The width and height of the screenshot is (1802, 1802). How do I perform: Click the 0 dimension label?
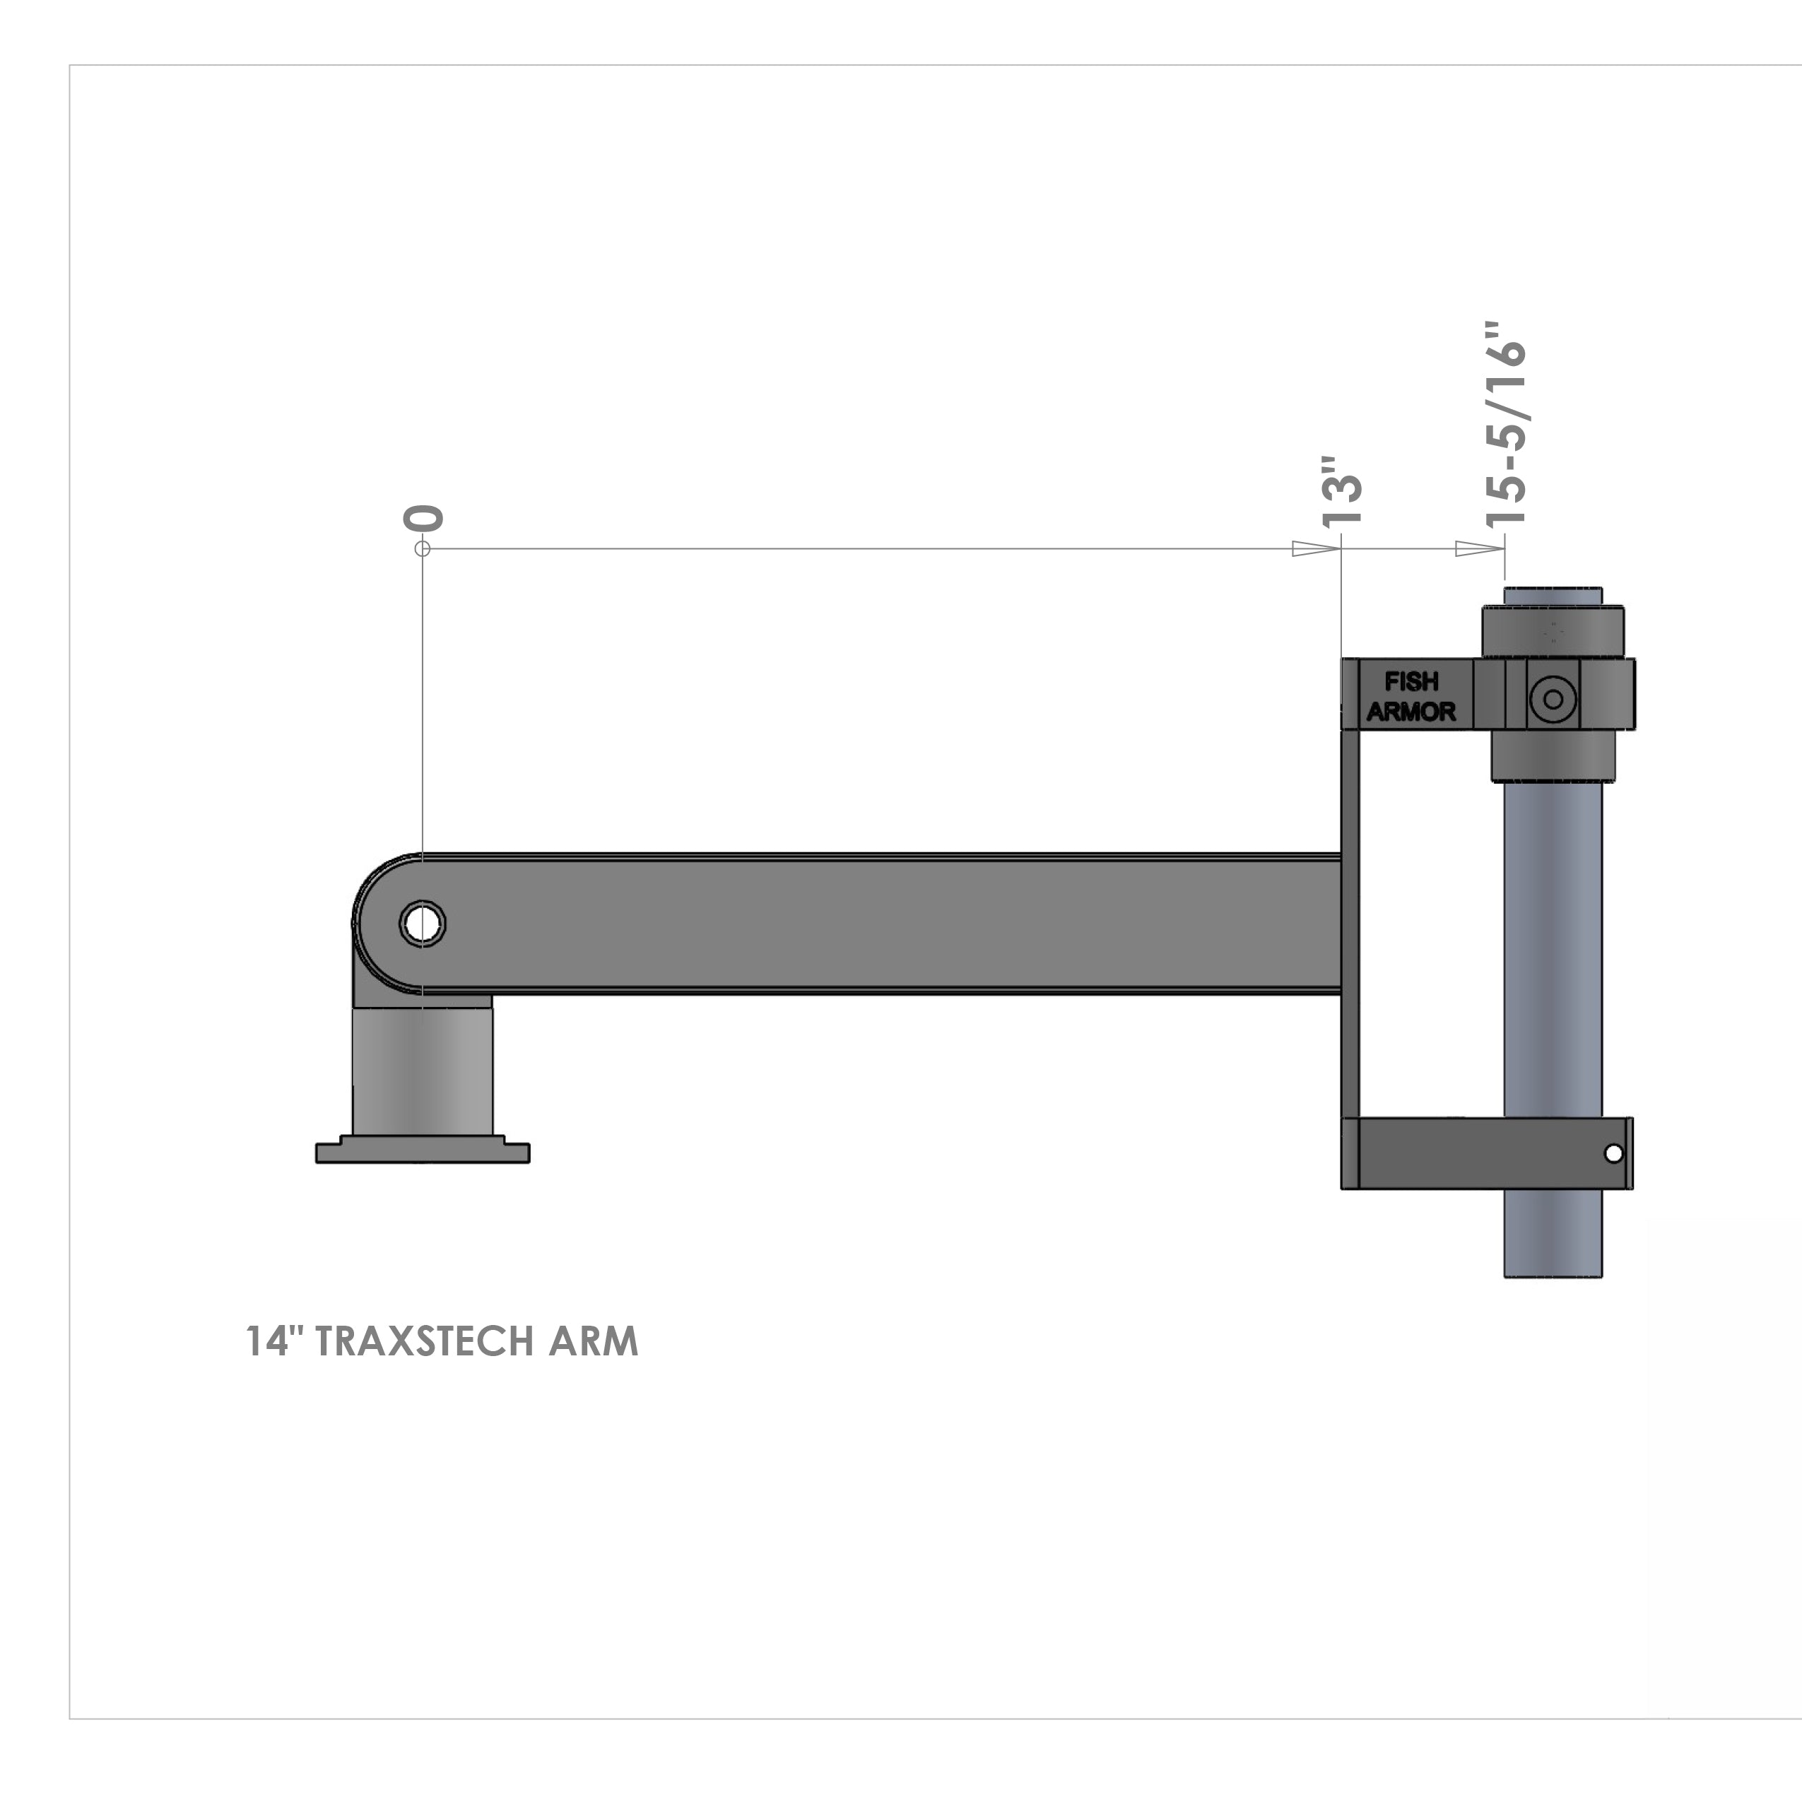click(x=423, y=519)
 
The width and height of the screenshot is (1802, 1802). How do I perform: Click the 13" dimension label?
click(x=1342, y=493)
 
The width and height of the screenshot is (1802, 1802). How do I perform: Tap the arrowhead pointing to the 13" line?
click(x=1315, y=548)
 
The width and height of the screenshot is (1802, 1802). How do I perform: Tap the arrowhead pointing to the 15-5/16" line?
click(x=1479, y=548)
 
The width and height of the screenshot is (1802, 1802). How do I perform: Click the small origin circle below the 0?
click(x=423, y=548)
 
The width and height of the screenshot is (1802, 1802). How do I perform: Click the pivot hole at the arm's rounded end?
click(x=423, y=924)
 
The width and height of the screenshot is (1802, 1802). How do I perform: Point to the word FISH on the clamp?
click(x=1411, y=682)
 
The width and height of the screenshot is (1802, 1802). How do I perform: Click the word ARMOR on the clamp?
click(x=1411, y=712)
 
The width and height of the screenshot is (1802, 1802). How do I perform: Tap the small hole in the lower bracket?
click(x=1613, y=1154)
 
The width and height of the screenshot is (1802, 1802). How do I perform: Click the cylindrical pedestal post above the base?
click(x=423, y=1073)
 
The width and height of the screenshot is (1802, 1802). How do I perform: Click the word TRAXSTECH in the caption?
click(x=425, y=1341)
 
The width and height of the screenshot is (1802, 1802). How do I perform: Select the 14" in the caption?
click(x=275, y=1341)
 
